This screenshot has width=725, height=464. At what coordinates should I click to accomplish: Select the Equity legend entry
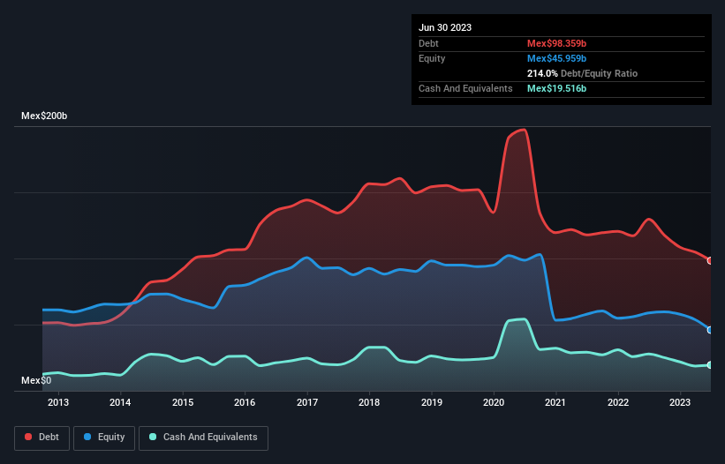pos(105,437)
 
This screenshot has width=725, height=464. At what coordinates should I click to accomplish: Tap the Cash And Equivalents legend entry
pos(203,437)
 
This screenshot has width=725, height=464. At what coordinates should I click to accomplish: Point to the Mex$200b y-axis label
pos(46,116)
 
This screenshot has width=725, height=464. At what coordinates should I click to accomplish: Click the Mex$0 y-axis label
pos(36,380)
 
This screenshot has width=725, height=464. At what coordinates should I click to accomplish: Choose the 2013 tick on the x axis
pos(58,403)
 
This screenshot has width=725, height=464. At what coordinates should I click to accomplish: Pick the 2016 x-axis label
pos(245,403)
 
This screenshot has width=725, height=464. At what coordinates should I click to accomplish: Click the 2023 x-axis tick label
pos(679,403)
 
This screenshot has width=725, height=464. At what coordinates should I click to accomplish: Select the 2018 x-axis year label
pos(369,403)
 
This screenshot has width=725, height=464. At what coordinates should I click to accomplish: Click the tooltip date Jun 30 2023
pos(445,27)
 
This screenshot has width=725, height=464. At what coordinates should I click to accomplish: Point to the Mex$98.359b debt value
pos(557,43)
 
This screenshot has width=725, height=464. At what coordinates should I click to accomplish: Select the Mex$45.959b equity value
pos(557,58)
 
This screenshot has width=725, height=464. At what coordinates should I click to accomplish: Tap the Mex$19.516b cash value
pos(557,88)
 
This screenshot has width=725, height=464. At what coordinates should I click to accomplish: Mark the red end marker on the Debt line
pos(710,260)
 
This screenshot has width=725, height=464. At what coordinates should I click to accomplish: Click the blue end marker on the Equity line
pos(710,330)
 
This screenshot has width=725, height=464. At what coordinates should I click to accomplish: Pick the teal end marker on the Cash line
pos(710,364)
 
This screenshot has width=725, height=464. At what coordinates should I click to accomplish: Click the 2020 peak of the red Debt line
pos(525,130)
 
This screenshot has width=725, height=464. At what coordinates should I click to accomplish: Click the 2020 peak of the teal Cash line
pos(525,318)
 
